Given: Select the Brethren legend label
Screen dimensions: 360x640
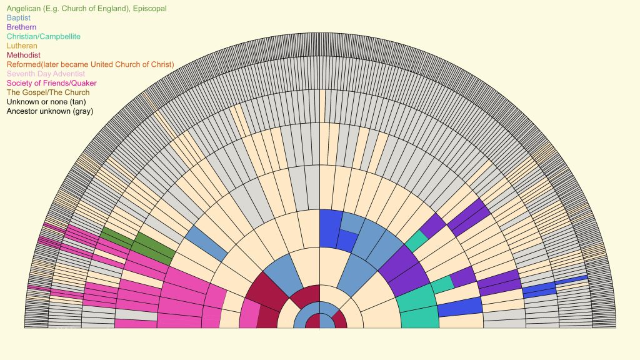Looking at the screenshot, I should pyautogui.click(x=21, y=27).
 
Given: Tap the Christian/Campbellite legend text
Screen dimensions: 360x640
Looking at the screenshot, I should pyautogui.click(x=43, y=37).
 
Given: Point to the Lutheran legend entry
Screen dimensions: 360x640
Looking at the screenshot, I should pyautogui.click(x=22, y=46).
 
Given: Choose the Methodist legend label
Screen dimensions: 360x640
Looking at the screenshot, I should pyautogui.click(x=23, y=55).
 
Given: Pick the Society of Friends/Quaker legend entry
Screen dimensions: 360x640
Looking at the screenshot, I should pyautogui.click(x=51, y=83).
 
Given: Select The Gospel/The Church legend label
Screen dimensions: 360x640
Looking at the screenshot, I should pyautogui.click(x=47, y=92).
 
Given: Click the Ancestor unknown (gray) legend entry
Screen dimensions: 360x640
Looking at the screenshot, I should pyautogui.click(x=49, y=111).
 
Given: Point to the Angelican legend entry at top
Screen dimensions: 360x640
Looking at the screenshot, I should pyautogui.click(x=86, y=9).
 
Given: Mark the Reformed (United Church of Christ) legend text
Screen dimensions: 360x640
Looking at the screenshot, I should pyautogui.click(x=90, y=64).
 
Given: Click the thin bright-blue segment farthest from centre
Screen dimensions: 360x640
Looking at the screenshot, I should pyautogui.click(x=571, y=279).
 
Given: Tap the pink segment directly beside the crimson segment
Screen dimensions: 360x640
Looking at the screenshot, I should pyautogui.click(x=249, y=312).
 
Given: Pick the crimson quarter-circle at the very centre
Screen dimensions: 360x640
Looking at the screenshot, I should pyautogui.click(x=313, y=321).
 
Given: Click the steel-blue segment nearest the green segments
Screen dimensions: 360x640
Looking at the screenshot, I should pyautogui.click(x=206, y=243).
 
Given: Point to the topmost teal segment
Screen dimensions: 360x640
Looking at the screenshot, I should pyautogui.click(x=416, y=240).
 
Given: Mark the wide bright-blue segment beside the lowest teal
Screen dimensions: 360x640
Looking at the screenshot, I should pyautogui.click(x=460, y=306).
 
